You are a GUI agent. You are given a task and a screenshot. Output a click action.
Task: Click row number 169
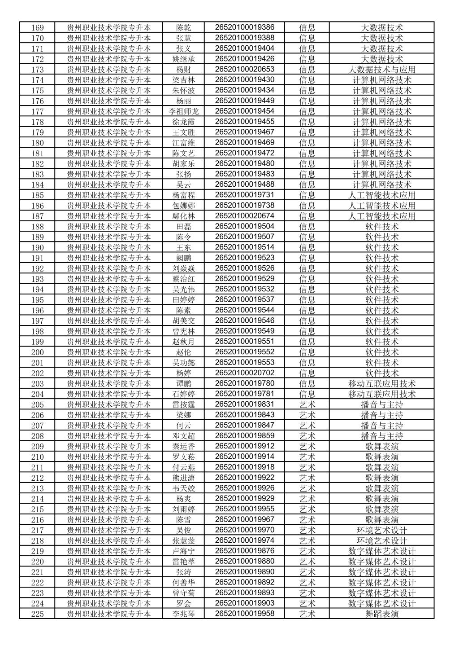(x=37, y=28)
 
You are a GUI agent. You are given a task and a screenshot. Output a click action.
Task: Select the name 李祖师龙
(x=183, y=111)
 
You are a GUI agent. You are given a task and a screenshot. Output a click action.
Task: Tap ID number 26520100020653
(x=244, y=69)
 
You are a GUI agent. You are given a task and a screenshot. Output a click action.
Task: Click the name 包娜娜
(x=183, y=206)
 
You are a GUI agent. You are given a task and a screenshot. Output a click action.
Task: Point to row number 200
(x=37, y=352)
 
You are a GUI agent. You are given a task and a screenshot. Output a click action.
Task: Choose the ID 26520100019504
(x=244, y=226)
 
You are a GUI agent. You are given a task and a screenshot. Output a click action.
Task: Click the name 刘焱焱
(x=183, y=268)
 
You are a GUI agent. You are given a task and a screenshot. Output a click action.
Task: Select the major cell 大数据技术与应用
(x=381, y=70)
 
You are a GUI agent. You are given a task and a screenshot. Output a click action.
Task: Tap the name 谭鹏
(x=183, y=384)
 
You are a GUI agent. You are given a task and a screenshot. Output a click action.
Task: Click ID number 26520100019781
(x=244, y=394)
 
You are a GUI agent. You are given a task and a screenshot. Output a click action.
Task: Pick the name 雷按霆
(x=183, y=404)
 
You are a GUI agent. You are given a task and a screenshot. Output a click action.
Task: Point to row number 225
(x=37, y=614)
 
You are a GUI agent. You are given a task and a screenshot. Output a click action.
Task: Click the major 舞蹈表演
(x=381, y=614)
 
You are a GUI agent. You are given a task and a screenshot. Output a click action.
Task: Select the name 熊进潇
(x=183, y=478)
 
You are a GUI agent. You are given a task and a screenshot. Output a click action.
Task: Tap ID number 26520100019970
(x=244, y=530)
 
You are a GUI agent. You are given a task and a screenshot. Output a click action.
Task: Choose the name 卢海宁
(x=183, y=551)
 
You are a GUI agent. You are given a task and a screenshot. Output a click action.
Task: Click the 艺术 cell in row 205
(x=307, y=404)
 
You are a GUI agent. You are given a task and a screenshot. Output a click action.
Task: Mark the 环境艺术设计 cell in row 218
(x=381, y=541)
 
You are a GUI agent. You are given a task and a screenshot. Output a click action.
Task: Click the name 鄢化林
(x=183, y=216)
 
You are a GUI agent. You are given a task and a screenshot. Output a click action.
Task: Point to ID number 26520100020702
(x=244, y=373)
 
